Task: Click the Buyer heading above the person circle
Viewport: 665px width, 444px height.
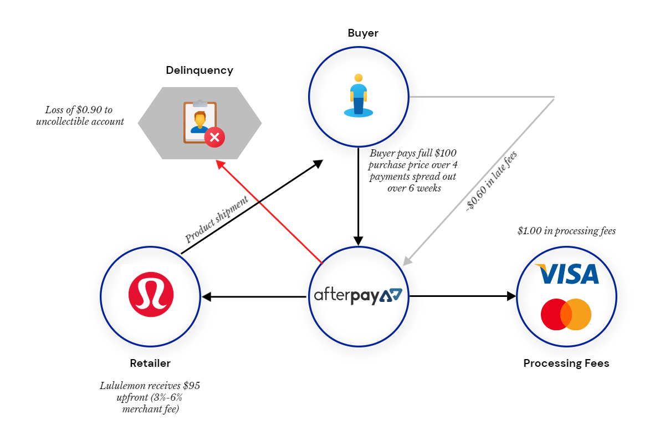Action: (x=363, y=33)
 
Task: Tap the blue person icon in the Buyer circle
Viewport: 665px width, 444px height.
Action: (x=359, y=95)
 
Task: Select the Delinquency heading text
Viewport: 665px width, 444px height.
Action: (x=199, y=70)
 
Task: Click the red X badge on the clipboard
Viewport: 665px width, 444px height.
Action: (x=214, y=138)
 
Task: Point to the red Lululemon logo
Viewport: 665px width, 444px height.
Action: (x=151, y=294)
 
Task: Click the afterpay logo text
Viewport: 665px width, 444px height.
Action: (x=358, y=296)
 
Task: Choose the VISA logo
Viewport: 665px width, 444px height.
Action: (x=567, y=274)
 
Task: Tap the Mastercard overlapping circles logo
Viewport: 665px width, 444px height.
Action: (x=566, y=314)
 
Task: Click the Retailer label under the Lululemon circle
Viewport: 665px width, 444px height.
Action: (x=150, y=363)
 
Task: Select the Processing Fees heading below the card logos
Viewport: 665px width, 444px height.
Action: (x=566, y=363)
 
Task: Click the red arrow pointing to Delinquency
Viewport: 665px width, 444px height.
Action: (x=269, y=211)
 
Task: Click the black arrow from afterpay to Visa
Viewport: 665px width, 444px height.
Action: (x=463, y=296)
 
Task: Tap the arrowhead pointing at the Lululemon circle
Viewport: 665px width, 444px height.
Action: (x=206, y=296)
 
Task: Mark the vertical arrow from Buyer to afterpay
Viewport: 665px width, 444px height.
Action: (x=359, y=196)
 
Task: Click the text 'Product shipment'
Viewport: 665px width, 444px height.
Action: (x=217, y=219)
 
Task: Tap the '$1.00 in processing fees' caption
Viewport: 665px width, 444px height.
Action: (x=566, y=231)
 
